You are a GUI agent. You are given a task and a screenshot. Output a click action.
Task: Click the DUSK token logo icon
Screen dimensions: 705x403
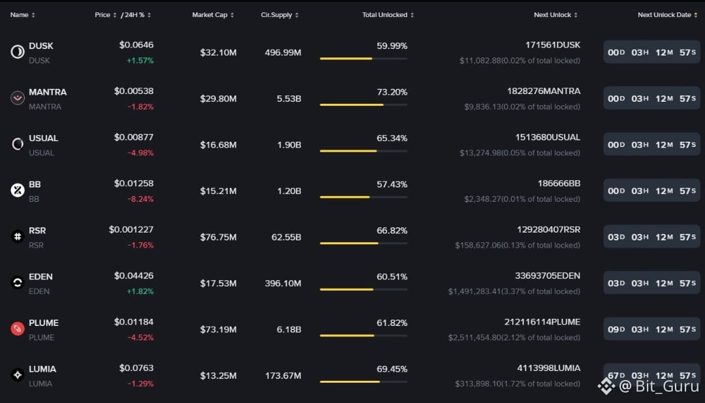tap(18, 52)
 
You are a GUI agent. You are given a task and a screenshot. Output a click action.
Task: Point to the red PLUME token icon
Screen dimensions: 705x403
tap(18, 329)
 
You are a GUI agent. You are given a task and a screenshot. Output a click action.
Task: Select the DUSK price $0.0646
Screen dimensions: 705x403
tap(136, 45)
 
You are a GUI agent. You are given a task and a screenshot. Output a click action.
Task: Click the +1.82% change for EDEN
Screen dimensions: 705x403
tap(140, 291)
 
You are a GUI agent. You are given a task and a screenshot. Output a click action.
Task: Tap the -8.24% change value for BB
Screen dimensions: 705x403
tap(140, 199)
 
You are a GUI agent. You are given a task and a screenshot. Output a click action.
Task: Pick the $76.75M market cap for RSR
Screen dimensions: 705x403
tap(218, 237)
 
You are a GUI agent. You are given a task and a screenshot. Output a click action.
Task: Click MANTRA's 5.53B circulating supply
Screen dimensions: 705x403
tap(289, 99)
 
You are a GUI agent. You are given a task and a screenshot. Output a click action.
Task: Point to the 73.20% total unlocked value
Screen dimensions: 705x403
tap(392, 92)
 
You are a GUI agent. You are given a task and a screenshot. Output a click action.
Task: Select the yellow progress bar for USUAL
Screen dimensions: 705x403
tap(348, 151)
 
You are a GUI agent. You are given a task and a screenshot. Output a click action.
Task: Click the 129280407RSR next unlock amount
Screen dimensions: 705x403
tap(548, 229)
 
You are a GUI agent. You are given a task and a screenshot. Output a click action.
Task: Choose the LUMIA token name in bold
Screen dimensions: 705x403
tap(42, 369)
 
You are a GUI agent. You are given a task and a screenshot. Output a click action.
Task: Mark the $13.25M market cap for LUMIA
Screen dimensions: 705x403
tap(218, 376)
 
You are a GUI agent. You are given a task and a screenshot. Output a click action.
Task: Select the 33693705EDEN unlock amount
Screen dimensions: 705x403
tap(547, 276)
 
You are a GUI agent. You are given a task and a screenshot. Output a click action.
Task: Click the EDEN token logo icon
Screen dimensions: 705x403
tap(18, 283)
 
